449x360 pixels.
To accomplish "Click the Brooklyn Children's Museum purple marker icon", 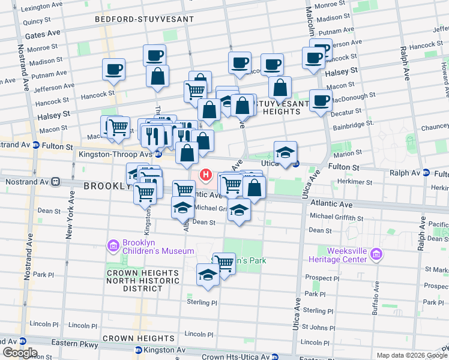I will click(113, 245).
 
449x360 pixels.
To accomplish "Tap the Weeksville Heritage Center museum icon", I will click(376, 254).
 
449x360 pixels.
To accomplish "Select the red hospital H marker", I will click(206, 175).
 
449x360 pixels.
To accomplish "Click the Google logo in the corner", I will click(20, 352).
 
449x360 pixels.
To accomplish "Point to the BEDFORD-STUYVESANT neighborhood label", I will click(145, 19).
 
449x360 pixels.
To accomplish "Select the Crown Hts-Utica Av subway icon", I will click(273, 356).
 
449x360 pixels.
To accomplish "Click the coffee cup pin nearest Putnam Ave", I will click(113, 69).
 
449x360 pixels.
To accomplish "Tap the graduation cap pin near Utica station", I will click(286, 152).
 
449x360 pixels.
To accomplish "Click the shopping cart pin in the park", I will click(224, 262).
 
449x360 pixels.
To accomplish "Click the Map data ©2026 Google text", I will click(411, 355).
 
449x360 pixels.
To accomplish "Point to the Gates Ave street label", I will click(42, 35).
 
